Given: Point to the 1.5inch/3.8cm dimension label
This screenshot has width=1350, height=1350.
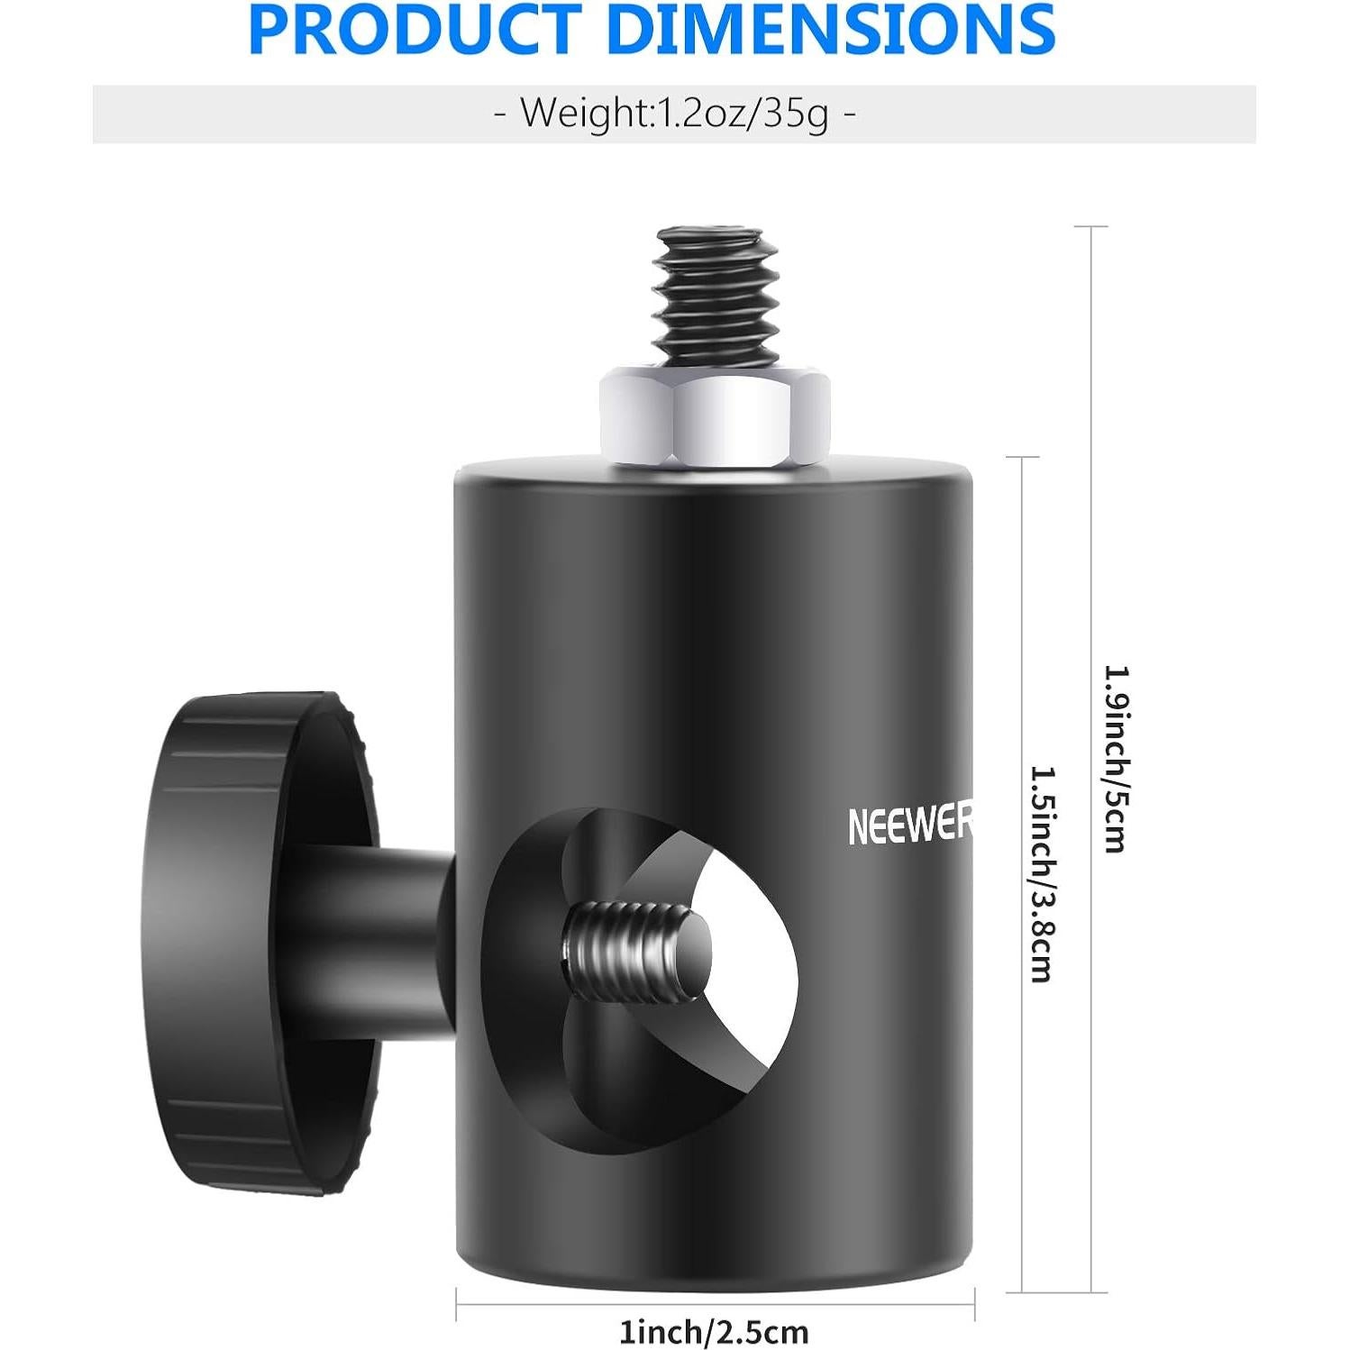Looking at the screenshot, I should pyautogui.click(x=1042, y=873).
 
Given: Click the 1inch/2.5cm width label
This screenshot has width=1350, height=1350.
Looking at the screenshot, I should pyautogui.click(x=713, y=1331).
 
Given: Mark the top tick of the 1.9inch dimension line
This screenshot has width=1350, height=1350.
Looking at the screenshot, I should pyautogui.click(x=1091, y=227).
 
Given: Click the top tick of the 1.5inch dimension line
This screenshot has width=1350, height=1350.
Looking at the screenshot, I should pyautogui.click(x=1022, y=458).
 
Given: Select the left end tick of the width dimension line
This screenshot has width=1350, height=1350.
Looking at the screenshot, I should pyautogui.click(x=457, y=1303).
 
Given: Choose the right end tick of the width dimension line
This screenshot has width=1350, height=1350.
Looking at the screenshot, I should pyautogui.click(x=975, y=1303).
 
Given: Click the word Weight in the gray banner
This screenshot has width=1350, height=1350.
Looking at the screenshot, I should pyautogui.click(x=585, y=114).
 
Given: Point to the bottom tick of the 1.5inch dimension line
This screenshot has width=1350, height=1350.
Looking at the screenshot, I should pyautogui.click(x=1022, y=1292).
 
